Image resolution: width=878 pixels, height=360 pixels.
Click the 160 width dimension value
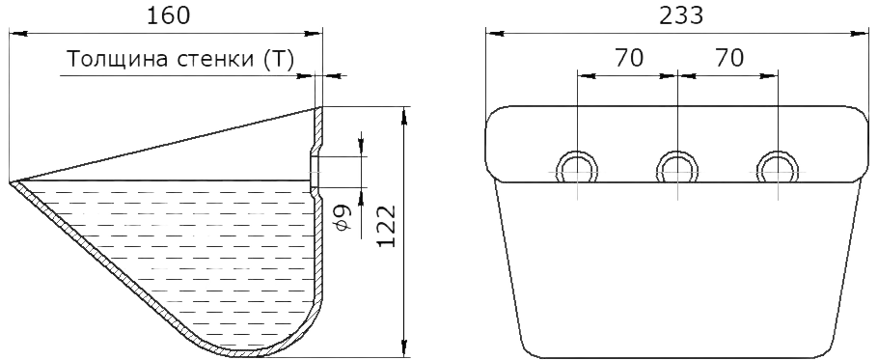click(x=169, y=15)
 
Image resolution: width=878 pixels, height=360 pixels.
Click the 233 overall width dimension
click(x=681, y=15)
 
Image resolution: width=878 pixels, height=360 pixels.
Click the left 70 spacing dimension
click(x=629, y=58)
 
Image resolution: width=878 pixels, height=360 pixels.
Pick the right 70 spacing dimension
click(x=729, y=58)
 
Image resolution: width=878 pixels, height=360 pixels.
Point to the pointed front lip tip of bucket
click(x=11, y=182)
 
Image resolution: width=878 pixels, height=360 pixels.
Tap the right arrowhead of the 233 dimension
click(x=860, y=34)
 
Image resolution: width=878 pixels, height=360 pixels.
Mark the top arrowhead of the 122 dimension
click(x=403, y=115)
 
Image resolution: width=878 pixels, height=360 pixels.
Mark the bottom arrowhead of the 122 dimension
click(x=403, y=346)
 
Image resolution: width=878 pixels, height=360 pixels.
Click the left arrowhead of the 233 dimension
click(x=495, y=34)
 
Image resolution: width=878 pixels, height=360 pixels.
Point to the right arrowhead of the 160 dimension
click(x=314, y=34)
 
